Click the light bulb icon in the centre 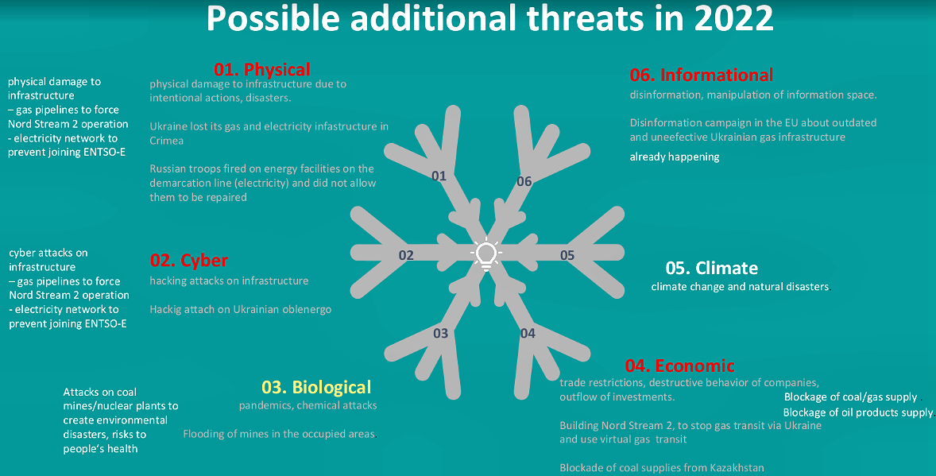tap(486, 253)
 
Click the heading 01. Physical tap(262, 69)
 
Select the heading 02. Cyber tap(188, 261)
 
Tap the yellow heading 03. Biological tap(316, 387)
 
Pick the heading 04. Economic tap(680, 366)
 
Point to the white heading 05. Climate tap(712, 268)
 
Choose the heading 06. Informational tap(702, 75)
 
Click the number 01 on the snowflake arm tap(439, 176)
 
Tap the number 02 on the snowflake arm tap(406, 256)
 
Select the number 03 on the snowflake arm tap(440, 333)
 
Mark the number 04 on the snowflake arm tap(528, 333)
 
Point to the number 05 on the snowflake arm tap(567, 256)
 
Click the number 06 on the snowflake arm tap(524, 181)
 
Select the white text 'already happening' tap(675, 157)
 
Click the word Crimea tap(167, 141)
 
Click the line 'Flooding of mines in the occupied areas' tap(280, 434)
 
